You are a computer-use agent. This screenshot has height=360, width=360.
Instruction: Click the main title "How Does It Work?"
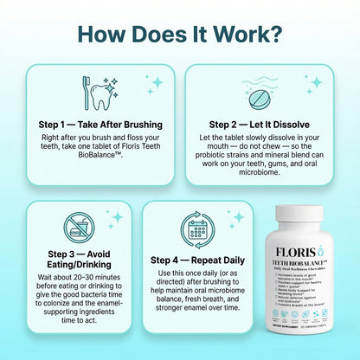tap(180, 34)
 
